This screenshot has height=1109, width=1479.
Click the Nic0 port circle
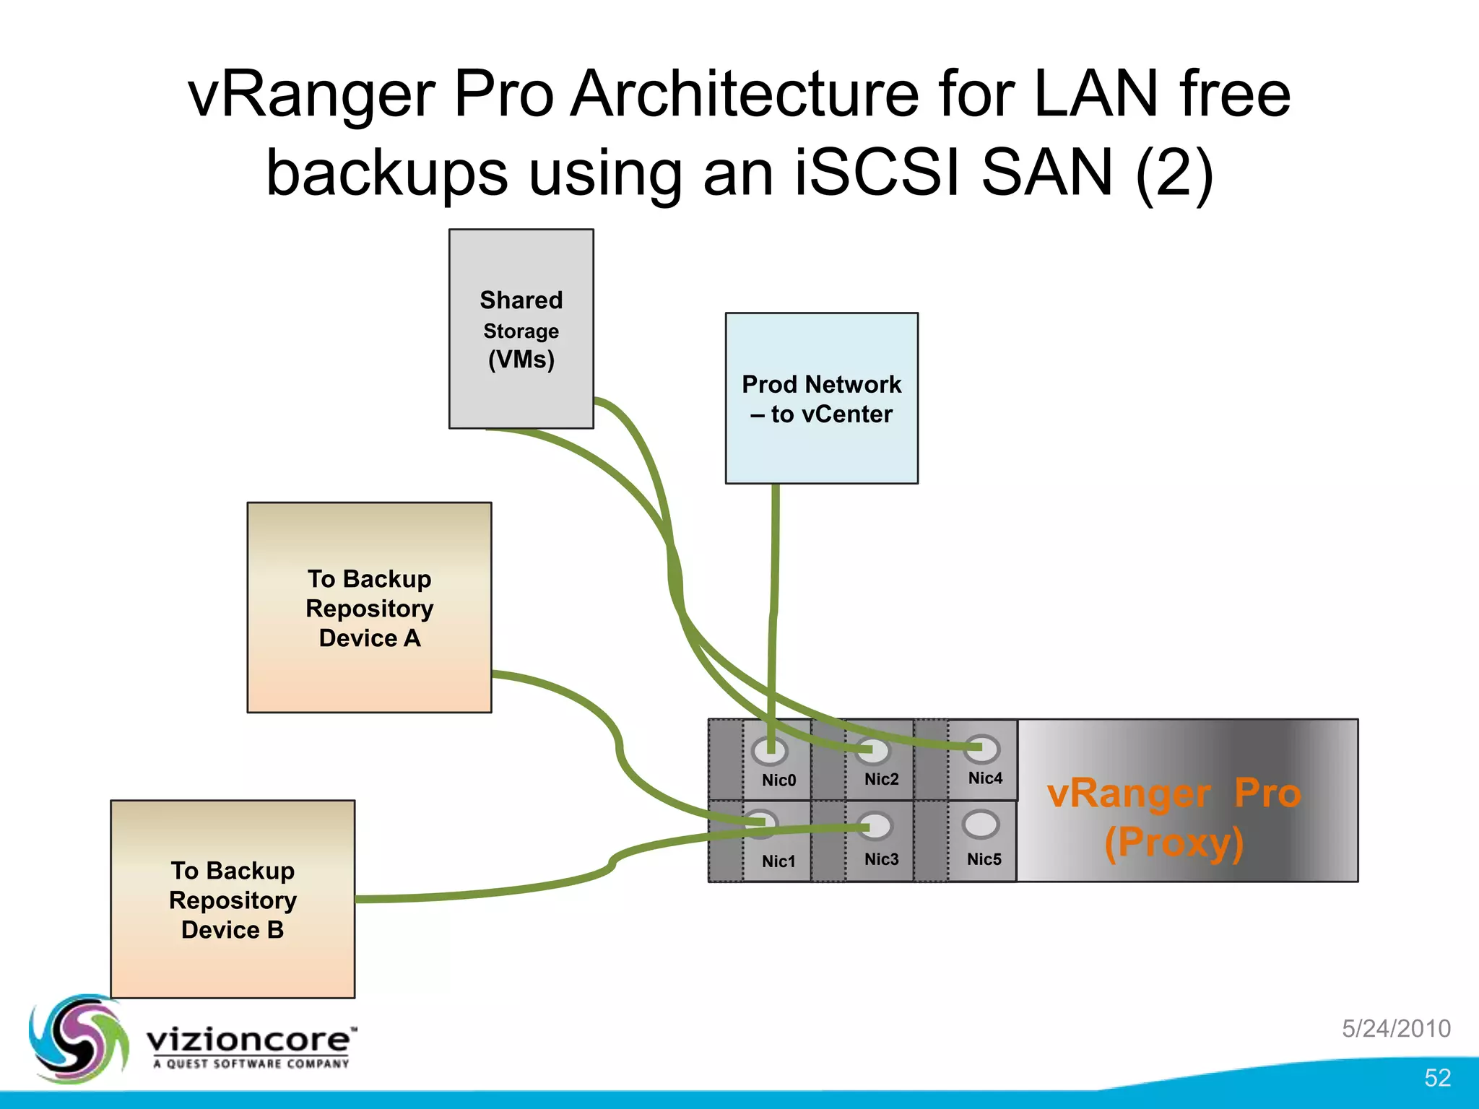point(769,751)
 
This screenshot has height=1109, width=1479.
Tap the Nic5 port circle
point(981,824)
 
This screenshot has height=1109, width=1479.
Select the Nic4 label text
point(985,778)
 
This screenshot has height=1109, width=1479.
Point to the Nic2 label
point(881,779)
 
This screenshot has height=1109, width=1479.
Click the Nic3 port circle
point(875,826)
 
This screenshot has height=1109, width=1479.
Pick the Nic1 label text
point(778,861)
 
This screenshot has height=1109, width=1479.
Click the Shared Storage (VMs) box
point(521,329)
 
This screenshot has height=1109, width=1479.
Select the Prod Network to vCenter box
point(821,398)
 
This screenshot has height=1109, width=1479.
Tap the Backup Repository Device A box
point(369,607)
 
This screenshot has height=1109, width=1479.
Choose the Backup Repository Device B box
point(233,899)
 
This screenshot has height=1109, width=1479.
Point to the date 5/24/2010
point(1396,1028)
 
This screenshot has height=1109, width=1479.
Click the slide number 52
point(1437,1077)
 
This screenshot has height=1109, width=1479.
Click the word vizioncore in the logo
point(249,1040)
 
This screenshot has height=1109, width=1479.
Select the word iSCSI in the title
point(878,173)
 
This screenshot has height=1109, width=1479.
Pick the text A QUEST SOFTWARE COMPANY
point(251,1064)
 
